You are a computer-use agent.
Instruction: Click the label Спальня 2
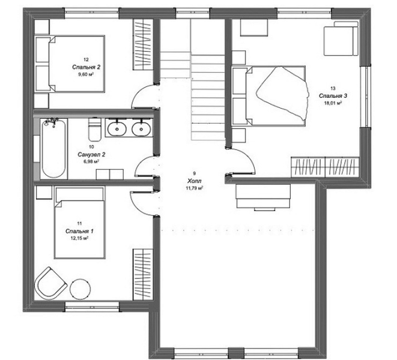86,67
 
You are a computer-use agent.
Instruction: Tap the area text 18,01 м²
333,103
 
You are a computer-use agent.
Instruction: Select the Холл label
194,181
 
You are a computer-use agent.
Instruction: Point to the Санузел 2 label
91,154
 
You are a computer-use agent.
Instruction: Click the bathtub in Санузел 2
53,148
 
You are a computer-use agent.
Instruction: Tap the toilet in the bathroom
95,129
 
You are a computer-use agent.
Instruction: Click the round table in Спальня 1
80,289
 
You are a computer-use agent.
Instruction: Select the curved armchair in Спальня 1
50,283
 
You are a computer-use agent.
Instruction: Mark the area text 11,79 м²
195,188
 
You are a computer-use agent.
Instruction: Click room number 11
79,223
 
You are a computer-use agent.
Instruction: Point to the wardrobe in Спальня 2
143,44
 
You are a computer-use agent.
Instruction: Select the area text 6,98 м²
91,161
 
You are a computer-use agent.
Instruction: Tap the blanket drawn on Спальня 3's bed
283,93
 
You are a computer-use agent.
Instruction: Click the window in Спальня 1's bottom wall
92,307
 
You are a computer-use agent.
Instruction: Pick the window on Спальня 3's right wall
366,97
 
